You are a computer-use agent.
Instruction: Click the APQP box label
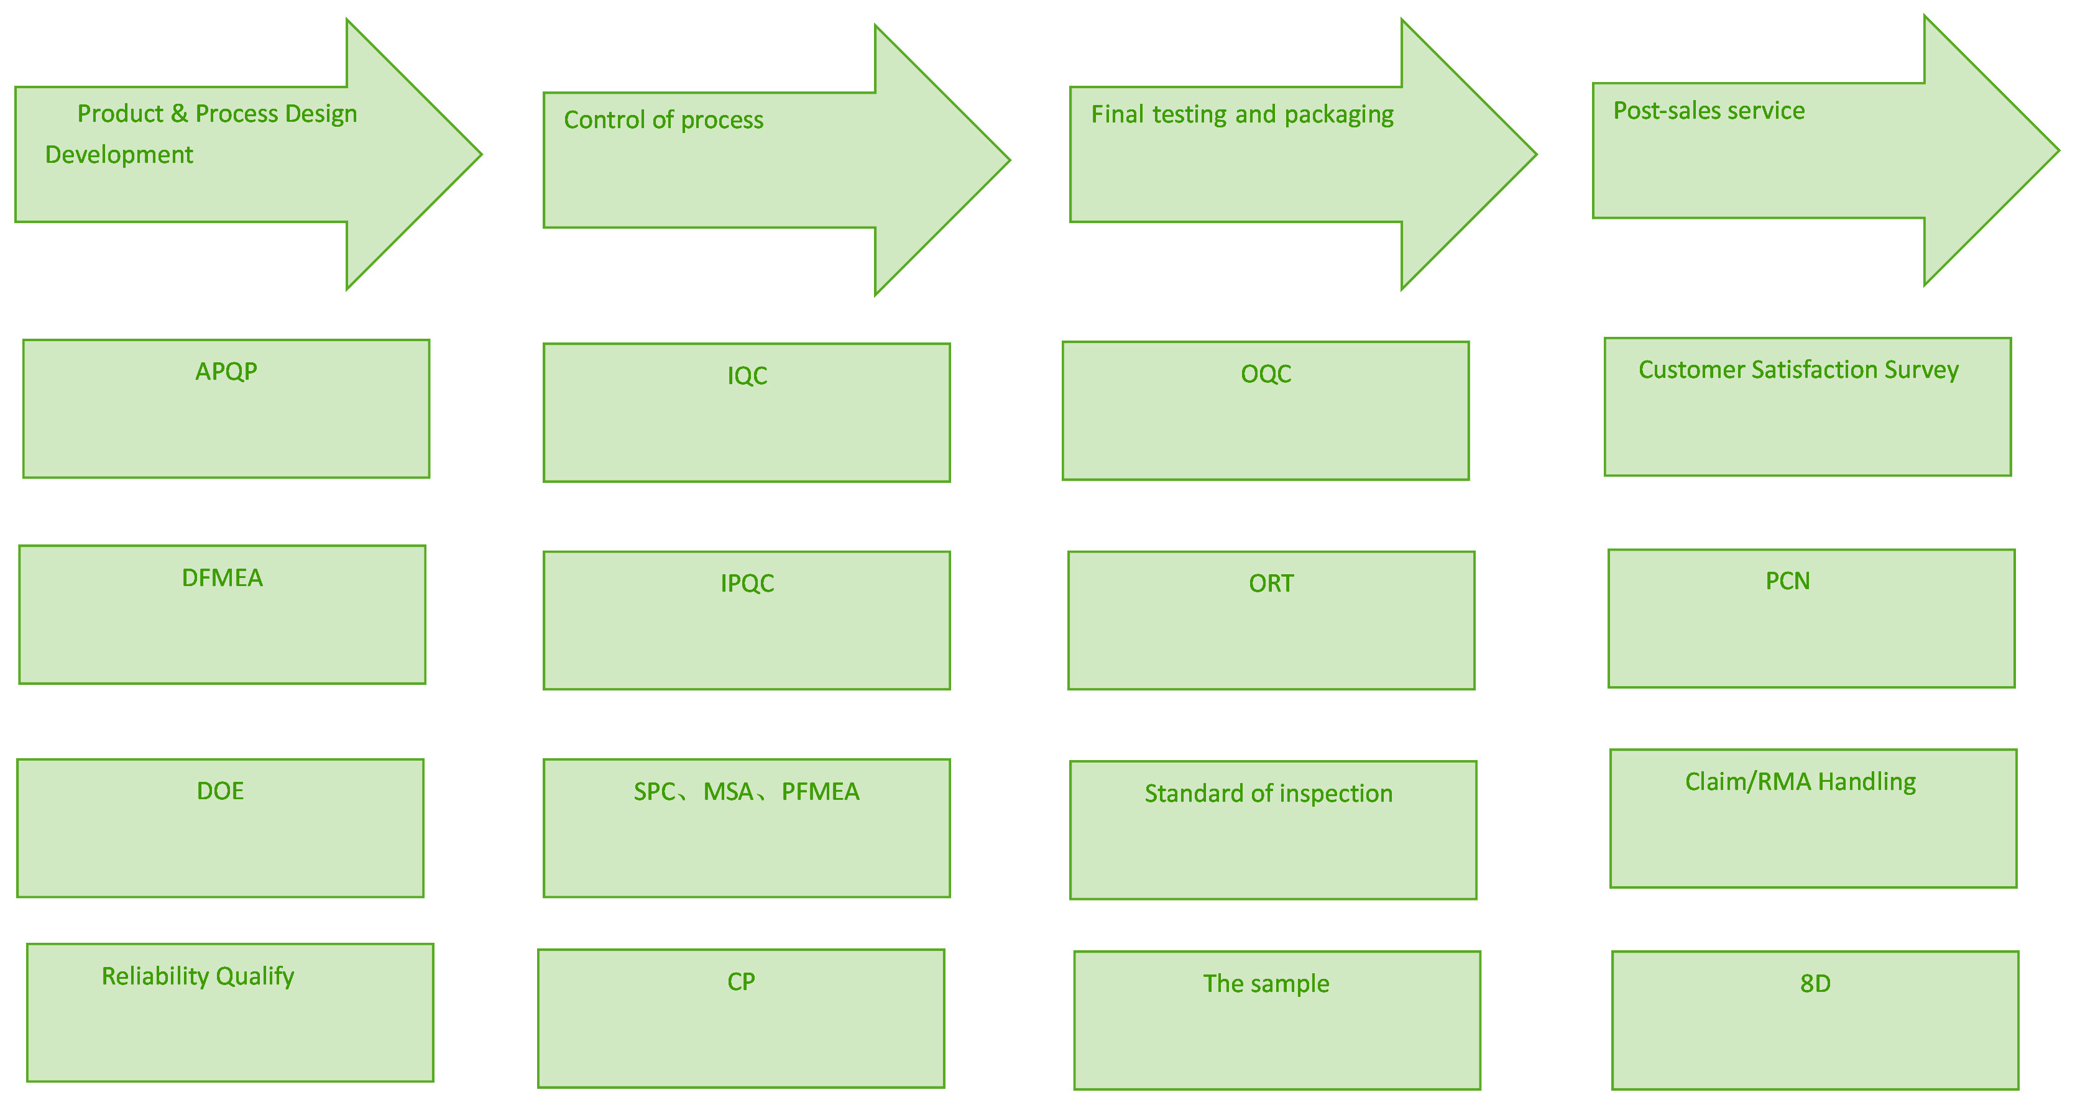pyautogui.click(x=226, y=371)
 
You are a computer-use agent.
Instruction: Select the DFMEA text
pyautogui.click(x=223, y=577)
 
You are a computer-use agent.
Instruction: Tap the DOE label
pyautogui.click(x=220, y=791)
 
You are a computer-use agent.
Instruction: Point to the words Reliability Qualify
pyautogui.click(x=198, y=976)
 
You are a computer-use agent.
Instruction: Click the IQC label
pyautogui.click(x=747, y=376)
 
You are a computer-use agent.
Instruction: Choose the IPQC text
pyautogui.click(x=747, y=583)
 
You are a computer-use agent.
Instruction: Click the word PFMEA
pyautogui.click(x=820, y=792)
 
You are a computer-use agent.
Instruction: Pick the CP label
pyautogui.click(x=741, y=982)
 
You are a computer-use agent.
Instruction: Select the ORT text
pyautogui.click(x=1271, y=583)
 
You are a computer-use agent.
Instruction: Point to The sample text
pyautogui.click(x=1266, y=983)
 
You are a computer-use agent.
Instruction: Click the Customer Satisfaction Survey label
pyautogui.click(x=1798, y=370)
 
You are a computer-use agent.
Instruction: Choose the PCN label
pyautogui.click(x=1787, y=580)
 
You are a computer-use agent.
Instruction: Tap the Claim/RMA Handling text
pyautogui.click(x=1800, y=781)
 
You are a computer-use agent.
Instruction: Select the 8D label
pyautogui.click(x=1815, y=983)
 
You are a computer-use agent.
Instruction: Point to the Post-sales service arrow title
pyautogui.click(x=1708, y=111)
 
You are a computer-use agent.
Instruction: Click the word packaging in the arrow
pyautogui.click(x=1339, y=115)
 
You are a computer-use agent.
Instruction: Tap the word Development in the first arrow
pyautogui.click(x=119, y=155)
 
